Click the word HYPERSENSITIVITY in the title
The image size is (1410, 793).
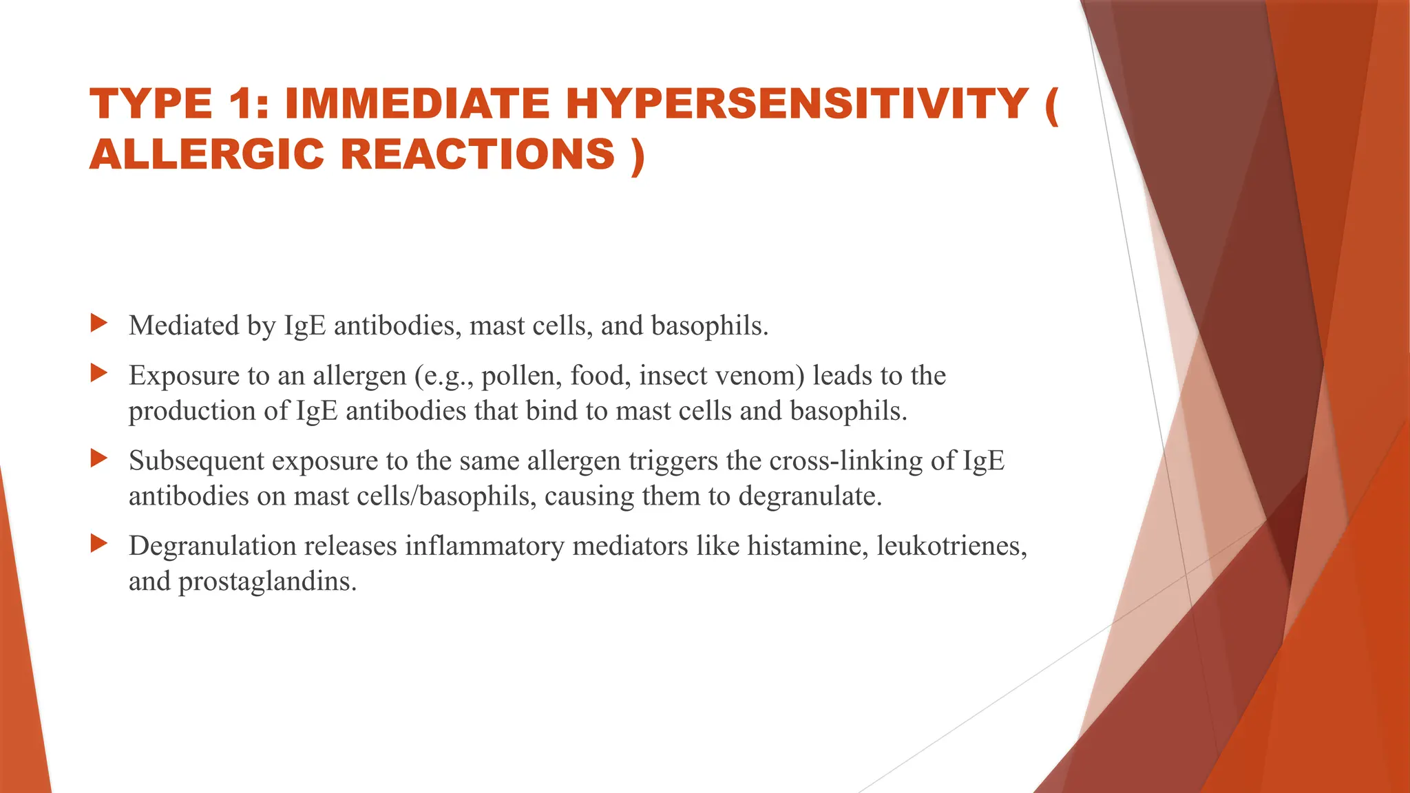pyautogui.click(x=797, y=104)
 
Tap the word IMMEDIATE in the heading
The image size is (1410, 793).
pyautogui.click(x=417, y=104)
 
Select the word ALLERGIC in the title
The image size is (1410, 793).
pyautogui.click(x=206, y=154)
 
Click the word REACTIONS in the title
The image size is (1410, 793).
pyautogui.click(x=478, y=154)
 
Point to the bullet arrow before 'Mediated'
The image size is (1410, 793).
pyautogui.click(x=99, y=322)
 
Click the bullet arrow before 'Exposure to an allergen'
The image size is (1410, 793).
pyautogui.click(x=99, y=373)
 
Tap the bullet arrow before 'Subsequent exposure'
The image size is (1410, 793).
pyautogui.click(x=99, y=458)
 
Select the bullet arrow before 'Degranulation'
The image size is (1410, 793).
pyautogui.click(x=99, y=543)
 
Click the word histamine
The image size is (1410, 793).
pyautogui.click(x=808, y=546)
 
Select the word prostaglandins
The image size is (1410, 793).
pyautogui.click(x=267, y=582)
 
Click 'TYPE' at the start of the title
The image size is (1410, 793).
pyautogui.click(x=151, y=104)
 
